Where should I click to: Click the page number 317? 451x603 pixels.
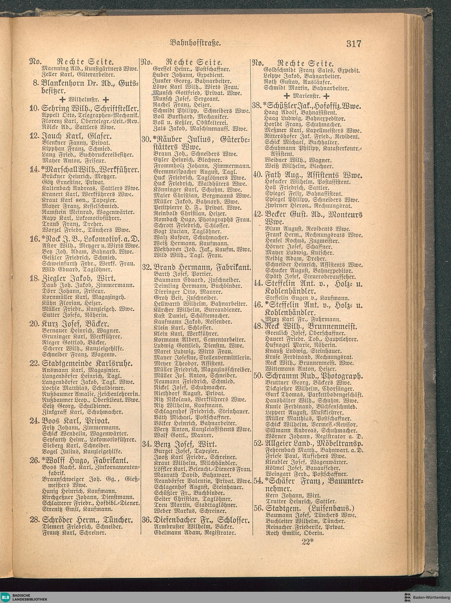coord(354,44)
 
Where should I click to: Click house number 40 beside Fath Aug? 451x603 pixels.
coord(257,175)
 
